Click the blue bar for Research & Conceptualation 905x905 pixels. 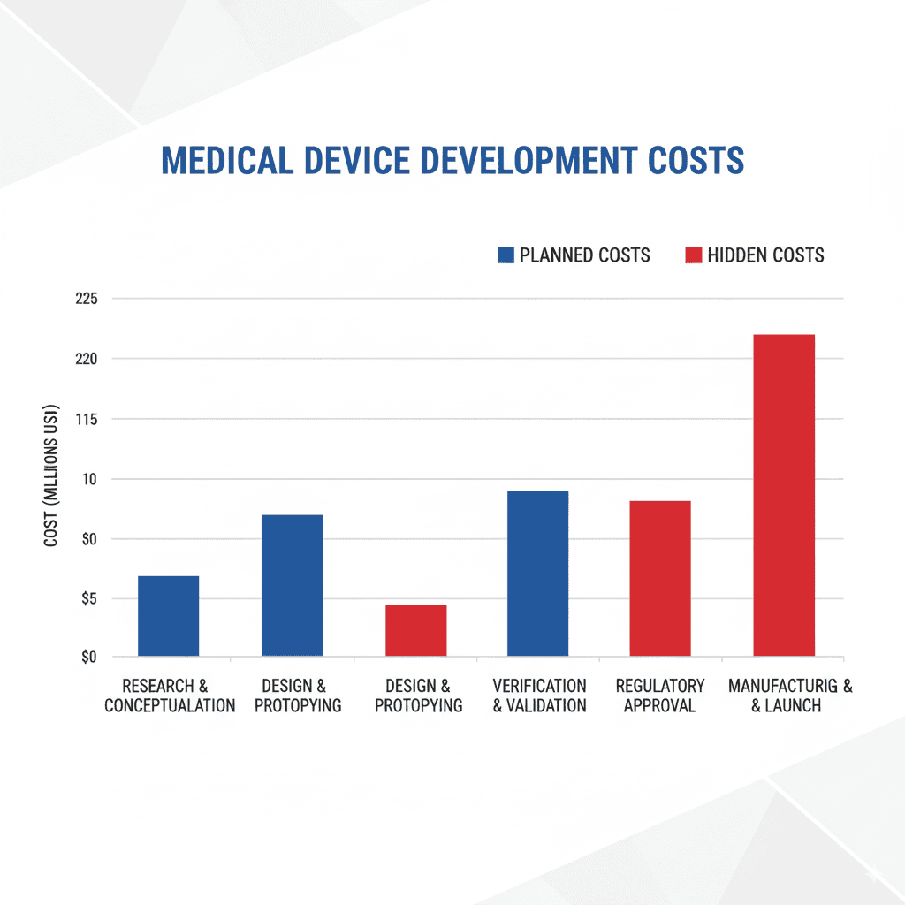click(169, 616)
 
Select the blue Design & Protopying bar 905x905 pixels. click(292, 585)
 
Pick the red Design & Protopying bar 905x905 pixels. click(415, 630)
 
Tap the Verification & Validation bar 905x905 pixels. click(537, 573)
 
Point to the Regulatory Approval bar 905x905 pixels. click(660, 578)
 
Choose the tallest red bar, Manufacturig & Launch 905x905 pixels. click(783, 495)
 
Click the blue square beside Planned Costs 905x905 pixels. click(506, 255)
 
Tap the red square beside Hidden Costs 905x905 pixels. click(694, 255)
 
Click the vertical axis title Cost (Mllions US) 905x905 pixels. click(51, 476)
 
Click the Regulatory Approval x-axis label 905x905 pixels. click(660, 696)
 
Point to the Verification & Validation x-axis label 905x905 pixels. click(539, 696)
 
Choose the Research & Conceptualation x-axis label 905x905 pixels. click(170, 696)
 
